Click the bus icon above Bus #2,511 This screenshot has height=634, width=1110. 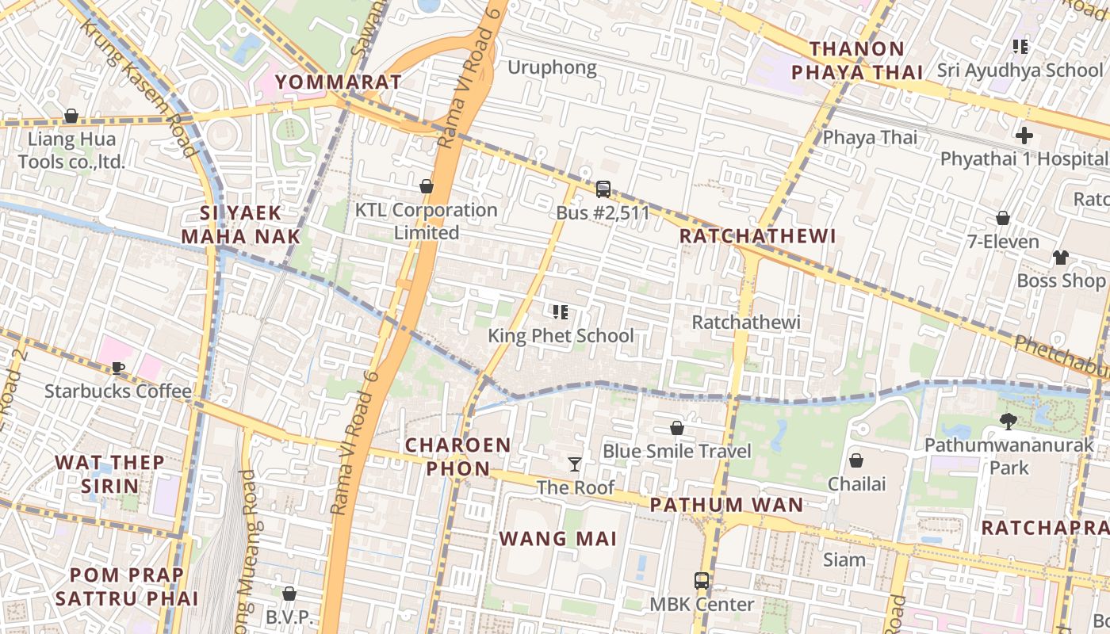coord(603,189)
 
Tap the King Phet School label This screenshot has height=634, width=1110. coord(561,335)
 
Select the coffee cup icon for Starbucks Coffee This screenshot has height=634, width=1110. coord(118,368)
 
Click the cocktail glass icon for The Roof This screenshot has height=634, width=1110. coord(575,464)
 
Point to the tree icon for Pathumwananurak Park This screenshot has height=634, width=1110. coord(1009,422)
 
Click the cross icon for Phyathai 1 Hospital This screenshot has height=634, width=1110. coord(1024,136)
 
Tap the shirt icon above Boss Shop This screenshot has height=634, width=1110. coord(1061,257)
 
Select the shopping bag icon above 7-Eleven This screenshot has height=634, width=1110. coord(1003,218)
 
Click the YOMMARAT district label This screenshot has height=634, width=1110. coord(339,82)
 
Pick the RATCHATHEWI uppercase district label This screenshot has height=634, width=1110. coord(758,235)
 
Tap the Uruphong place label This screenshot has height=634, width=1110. coord(552,67)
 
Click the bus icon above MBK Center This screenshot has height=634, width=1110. coord(702,581)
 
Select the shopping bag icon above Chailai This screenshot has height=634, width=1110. coord(856,460)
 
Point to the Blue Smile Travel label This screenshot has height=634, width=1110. coord(676,451)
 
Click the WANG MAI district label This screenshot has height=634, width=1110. coord(557,539)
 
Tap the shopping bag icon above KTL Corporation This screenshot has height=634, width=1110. coord(427,186)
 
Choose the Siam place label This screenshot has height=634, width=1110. coord(844,560)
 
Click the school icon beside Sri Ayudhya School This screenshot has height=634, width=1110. coord(1020,47)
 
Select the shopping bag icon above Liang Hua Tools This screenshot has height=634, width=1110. coord(71,116)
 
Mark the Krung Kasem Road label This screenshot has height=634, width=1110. coord(139,87)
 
